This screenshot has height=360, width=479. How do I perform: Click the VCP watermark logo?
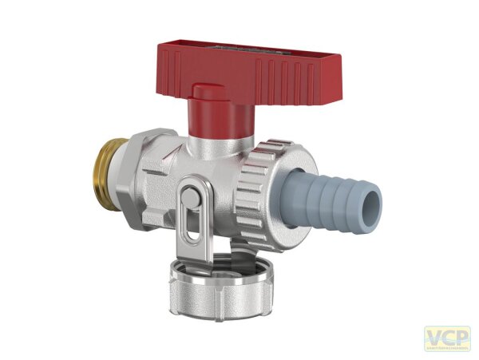pyautogui.click(x=446, y=338)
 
